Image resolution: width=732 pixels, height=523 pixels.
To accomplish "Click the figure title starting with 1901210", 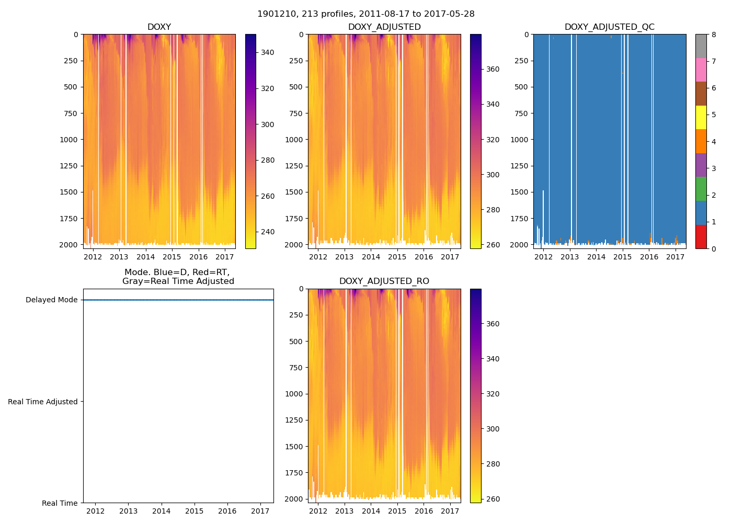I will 366,14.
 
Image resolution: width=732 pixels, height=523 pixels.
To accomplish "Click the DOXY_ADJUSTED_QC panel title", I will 609,27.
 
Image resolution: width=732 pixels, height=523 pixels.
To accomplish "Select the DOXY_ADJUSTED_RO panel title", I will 384,281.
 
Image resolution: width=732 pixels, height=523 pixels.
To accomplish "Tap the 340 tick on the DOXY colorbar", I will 268,52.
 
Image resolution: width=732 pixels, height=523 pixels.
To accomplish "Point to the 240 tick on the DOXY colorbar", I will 268,232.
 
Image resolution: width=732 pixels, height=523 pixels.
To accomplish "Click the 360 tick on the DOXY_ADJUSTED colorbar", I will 493,69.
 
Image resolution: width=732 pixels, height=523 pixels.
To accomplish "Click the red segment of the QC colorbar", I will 701,236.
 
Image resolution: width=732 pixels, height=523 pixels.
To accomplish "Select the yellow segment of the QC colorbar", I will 701,118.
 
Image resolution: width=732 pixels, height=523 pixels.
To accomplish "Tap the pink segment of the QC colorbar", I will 701,70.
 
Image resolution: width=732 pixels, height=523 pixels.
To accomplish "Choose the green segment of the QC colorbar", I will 701,189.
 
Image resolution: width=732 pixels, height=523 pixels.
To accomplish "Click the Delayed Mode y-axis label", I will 51,300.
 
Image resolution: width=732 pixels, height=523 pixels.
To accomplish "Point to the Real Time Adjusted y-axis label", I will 43,402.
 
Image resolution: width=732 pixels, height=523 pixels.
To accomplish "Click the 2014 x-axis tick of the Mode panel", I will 162,511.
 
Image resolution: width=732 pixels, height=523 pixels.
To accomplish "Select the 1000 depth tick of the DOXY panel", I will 69,140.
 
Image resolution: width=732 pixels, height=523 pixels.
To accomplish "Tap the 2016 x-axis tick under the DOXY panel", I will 198,257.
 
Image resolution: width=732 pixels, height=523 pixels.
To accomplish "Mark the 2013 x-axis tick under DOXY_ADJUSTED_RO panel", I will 345,511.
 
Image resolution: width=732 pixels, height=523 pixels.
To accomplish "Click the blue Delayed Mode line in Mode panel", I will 178,300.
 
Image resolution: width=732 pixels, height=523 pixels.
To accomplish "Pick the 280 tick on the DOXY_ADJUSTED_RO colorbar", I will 493,464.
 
